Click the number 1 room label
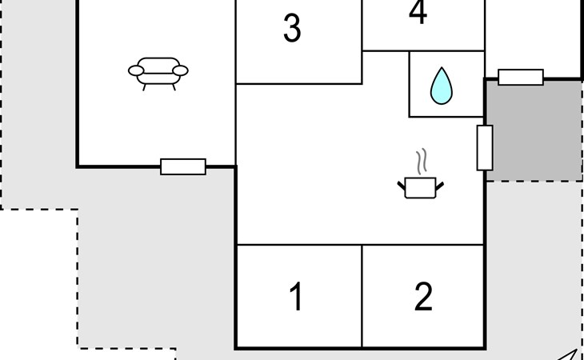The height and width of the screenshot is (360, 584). point(296,297)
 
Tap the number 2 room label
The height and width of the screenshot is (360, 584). point(423,297)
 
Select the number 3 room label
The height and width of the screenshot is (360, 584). point(292,29)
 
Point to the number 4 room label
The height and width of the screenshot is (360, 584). point(418,14)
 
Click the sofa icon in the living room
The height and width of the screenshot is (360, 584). point(158,72)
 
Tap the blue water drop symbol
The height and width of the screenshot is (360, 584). point(440,86)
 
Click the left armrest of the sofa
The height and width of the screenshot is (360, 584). point(137,71)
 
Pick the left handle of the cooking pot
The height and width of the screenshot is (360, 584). point(402,187)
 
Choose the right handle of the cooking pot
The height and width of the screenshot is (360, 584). point(439,187)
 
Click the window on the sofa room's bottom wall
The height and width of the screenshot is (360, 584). point(183,166)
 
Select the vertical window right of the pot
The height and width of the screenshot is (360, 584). point(485,148)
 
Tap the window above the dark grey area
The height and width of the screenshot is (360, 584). point(521,77)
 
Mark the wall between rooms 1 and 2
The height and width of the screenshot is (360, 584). point(362,296)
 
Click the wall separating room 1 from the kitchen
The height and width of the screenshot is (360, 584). point(299,245)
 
